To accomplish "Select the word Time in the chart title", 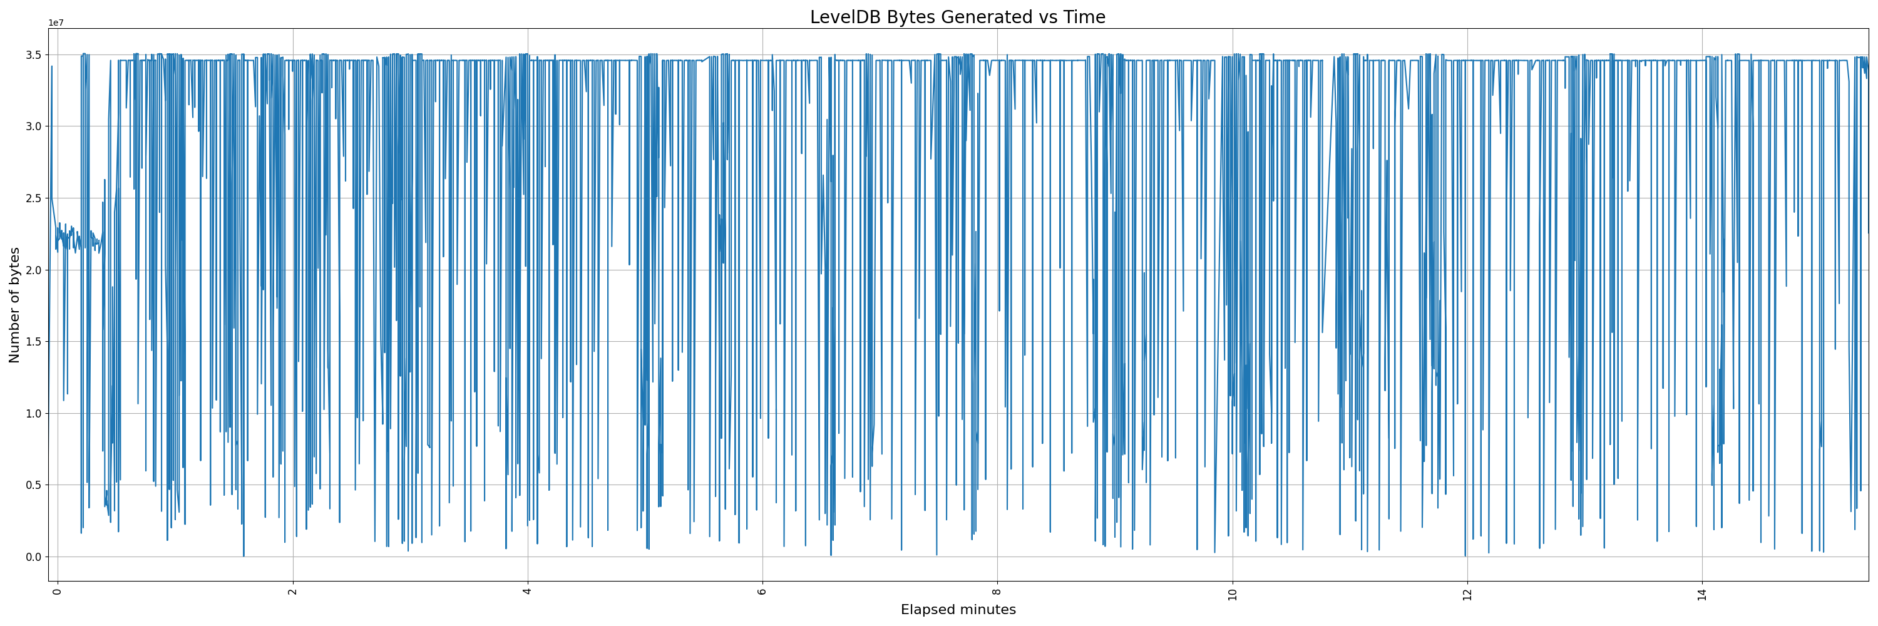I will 1085,18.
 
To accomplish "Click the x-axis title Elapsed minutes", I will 958,610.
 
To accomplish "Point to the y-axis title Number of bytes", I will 14,305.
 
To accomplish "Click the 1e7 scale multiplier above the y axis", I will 56,23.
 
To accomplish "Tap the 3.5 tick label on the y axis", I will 34,54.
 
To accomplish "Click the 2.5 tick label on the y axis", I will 34,198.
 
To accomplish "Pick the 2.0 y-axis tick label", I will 34,270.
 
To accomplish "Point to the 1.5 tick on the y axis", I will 34,342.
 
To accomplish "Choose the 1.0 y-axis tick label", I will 34,414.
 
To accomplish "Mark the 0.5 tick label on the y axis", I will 34,485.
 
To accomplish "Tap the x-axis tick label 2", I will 293,591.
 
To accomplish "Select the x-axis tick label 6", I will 762,591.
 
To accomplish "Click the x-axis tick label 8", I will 997,591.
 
